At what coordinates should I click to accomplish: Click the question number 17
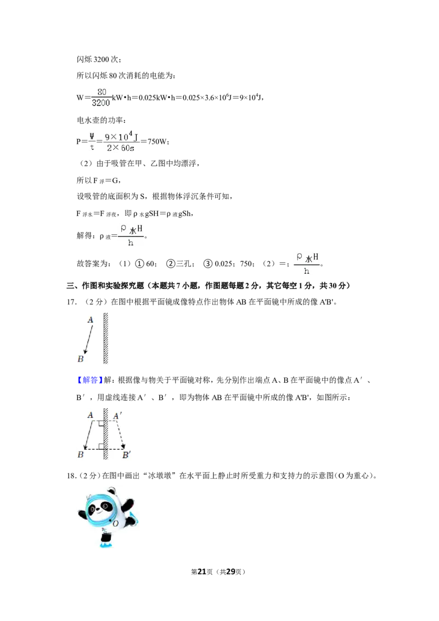pos(71,302)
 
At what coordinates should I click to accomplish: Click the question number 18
pos(71,476)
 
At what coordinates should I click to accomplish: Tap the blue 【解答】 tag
pos(87,380)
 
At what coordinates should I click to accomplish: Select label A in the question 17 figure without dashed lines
pos(91,320)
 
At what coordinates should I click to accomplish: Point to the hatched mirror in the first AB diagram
pos(106,338)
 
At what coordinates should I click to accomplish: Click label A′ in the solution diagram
pos(117,416)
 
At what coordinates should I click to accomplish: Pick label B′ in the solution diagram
pos(126,455)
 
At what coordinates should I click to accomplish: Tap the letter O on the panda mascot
pos(116,523)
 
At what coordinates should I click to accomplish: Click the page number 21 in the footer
pos(202,572)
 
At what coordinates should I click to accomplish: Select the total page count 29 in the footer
pos(230,572)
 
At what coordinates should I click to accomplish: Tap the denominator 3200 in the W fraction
pos(100,103)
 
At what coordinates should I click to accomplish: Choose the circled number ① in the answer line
pos(139,264)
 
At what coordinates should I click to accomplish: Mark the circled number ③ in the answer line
pos(208,264)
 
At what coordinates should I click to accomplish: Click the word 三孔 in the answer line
pos(183,264)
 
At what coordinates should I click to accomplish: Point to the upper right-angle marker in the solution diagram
pos(102,424)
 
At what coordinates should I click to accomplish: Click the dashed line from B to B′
pos(105,449)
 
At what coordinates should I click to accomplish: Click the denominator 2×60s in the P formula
pos(120,148)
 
